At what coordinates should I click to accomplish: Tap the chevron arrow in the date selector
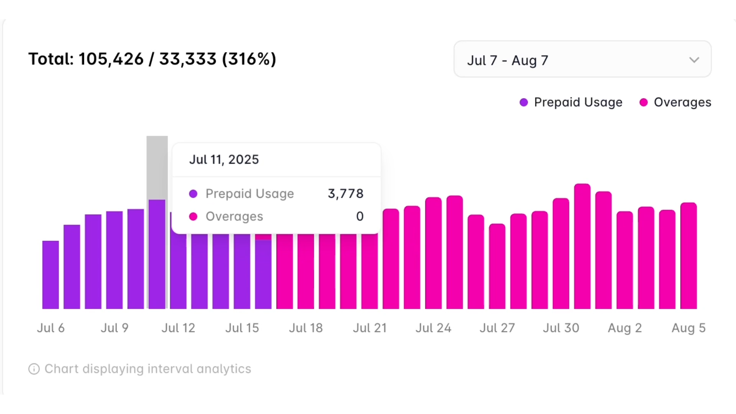[x=694, y=60]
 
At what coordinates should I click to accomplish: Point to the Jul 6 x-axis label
[x=51, y=328]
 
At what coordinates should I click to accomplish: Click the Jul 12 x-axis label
[x=178, y=328]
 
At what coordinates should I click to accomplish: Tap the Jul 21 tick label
[x=370, y=328]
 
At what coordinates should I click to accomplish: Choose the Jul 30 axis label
[x=561, y=328]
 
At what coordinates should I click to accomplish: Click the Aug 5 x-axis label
[x=688, y=328]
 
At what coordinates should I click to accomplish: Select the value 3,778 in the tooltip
[x=345, y=194]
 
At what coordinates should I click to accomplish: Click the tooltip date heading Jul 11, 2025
[x=224, y=159]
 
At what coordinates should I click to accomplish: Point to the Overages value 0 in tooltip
[x=360, y=216]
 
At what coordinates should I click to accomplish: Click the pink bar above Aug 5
[x=688, y=257]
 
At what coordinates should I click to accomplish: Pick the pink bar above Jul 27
[x=497, y=268]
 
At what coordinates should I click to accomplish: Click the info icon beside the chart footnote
[x=34, y=369]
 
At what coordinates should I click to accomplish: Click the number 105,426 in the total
[x=111, y=59]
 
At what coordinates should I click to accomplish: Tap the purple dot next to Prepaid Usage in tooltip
[x=193, y=194]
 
